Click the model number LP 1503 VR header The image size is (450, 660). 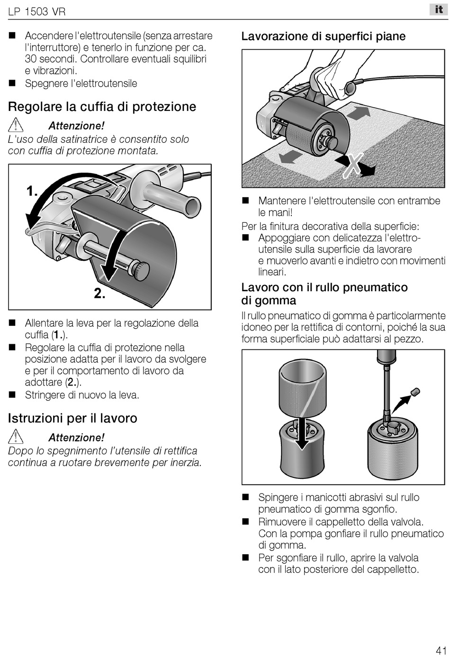click(36, 11)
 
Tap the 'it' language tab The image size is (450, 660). click(438, 9)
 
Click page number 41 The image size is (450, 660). click(441, 650)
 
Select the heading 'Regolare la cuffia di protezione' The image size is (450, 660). click(102, 107)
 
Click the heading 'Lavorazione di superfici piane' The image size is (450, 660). click(324, 37)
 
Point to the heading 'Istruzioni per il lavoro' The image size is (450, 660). click(72, 418)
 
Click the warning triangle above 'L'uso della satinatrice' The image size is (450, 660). click(16, 125)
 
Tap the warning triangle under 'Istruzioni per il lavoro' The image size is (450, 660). click(16, 437)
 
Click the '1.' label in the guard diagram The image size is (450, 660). click(32, 192)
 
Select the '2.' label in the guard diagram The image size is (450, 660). click(99, 293)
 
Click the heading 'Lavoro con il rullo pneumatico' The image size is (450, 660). click(324, 287)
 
